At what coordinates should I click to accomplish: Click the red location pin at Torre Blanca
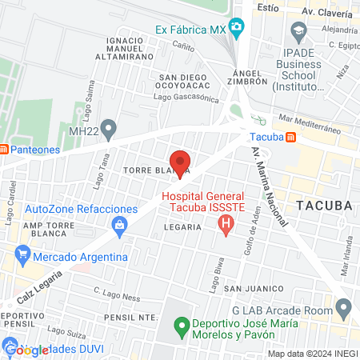point(181,162)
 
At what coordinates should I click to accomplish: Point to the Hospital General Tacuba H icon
point(225,223)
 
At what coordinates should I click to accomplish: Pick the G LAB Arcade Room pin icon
point(344,306)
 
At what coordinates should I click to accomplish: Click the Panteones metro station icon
point(3,149)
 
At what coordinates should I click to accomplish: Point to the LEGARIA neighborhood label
point(182,227)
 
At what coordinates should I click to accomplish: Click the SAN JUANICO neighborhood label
point(250,287)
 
